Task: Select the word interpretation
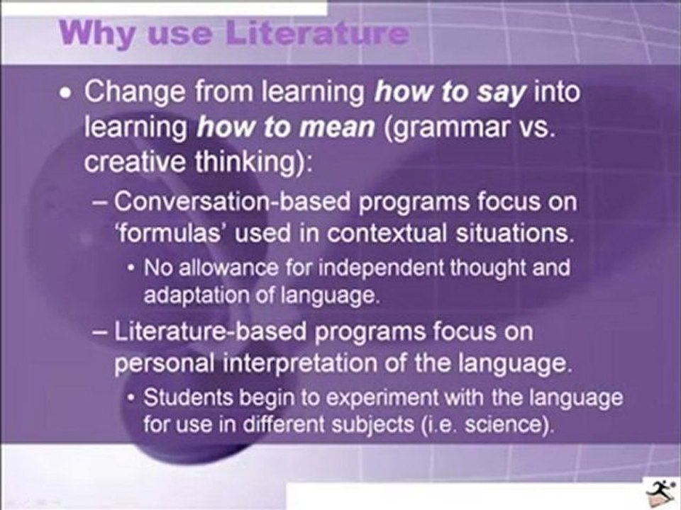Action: pyautogui.click(x=299, y=363)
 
